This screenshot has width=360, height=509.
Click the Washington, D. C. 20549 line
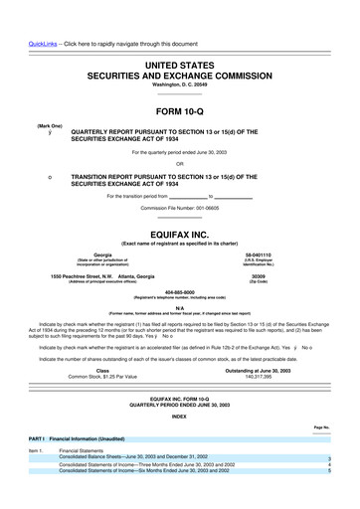coord(179,59)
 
